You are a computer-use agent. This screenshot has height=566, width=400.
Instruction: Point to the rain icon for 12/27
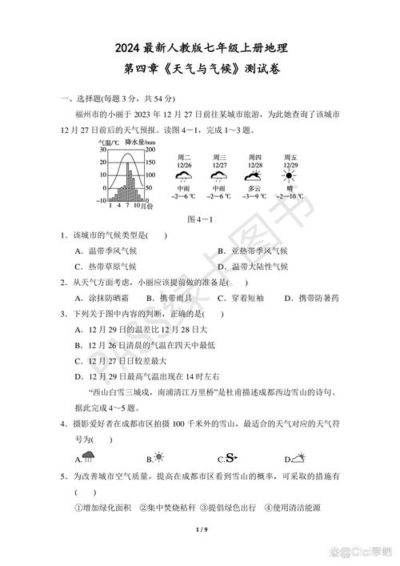click(218, 176)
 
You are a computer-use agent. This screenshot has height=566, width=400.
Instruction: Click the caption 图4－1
click(198, 219)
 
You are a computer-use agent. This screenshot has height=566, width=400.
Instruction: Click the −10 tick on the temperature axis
click(102, 200)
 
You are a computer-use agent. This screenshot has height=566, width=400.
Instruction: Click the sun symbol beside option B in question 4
click(159, 458)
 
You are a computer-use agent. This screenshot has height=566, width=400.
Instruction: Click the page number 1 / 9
click(200, 530)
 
